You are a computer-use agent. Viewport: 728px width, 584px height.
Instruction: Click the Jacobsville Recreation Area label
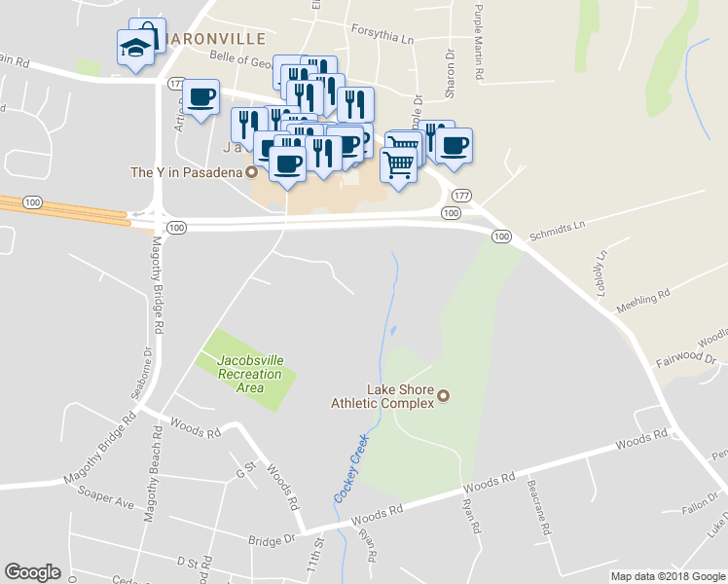[x=251, y=374]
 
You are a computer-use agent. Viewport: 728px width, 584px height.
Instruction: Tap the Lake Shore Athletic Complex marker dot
[x=444, y=396]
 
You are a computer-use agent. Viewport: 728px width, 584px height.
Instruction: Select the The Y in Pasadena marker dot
[x=251, y=172]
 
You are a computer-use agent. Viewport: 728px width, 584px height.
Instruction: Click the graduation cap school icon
[x=133, y=47]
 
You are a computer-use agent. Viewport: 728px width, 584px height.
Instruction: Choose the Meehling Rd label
[x=643, y=299]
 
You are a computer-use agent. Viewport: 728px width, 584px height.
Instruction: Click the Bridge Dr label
[x=272, y=538]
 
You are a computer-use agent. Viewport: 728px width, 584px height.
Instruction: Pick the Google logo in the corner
[x=32, y=571]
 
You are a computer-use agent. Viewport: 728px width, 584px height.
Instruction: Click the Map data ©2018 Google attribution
[x=667, y=576]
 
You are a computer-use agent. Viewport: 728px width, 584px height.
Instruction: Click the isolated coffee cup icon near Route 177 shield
[x=200, y=98]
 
